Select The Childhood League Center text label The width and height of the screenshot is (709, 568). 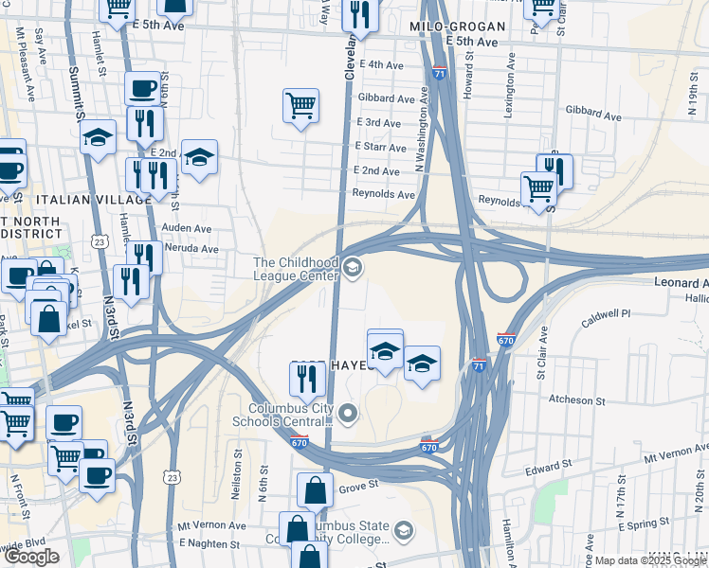tap(295, 269)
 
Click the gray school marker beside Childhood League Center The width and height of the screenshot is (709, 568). tap(353, 270)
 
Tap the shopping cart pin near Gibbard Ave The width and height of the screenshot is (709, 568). tap(300, 106)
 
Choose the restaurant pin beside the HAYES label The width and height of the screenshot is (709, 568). tap(308, 380)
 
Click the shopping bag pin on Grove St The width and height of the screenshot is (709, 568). tap(315, 490)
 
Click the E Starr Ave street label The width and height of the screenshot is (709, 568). tap(380, 147)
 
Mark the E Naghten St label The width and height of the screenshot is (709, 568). tap(209, 544)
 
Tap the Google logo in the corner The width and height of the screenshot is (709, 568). tap(31, 557)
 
